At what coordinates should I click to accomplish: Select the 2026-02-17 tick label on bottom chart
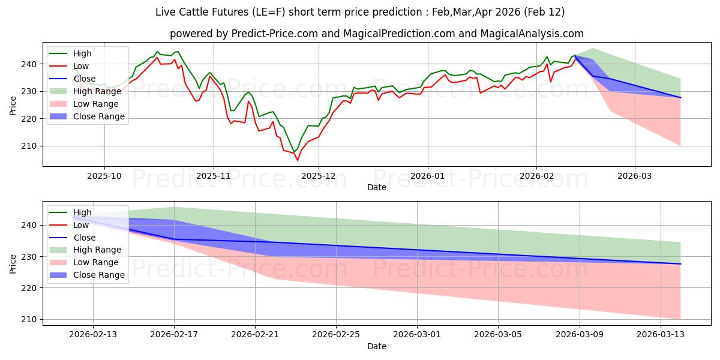point(174,334)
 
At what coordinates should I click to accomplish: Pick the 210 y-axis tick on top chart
point(30,146)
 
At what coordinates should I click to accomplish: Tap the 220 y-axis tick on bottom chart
point(30,288)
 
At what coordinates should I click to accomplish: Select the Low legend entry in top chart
point(82,66)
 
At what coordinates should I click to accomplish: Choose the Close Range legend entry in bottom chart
point(98,275)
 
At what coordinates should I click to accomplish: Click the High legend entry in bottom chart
point(82,212)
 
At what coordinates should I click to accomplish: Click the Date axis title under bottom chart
point(377,346)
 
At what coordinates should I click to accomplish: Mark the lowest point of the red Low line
point(297,160)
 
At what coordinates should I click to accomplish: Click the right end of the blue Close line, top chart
point(680,97)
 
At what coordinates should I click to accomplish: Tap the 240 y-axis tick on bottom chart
point(30,225)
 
